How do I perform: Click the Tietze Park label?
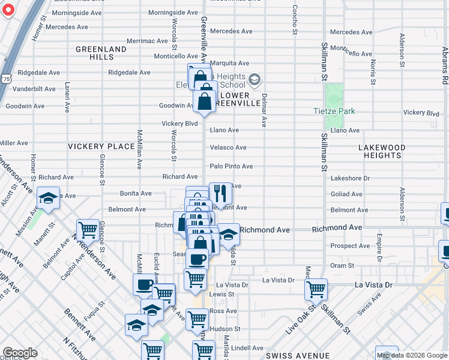point(334,111)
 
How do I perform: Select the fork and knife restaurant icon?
point(220,193)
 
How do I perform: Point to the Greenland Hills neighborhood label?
point(101,53)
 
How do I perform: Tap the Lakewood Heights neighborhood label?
point(382,151)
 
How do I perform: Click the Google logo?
point(20,353)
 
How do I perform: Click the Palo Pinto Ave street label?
point(231,166)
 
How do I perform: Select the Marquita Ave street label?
point(229,63)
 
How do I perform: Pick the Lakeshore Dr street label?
point(350,178)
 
